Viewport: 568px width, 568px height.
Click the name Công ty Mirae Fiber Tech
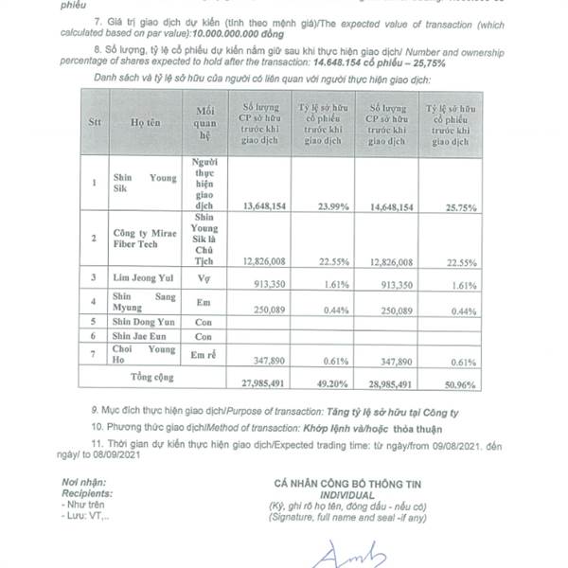(x=145, y=243)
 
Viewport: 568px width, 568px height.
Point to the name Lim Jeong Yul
(x=142, y=278)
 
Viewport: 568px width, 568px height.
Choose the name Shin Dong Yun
(x=143, y=321)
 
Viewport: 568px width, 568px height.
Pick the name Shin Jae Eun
(x=141, y=337)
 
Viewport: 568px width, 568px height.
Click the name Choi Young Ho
(x=143, y=355)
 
